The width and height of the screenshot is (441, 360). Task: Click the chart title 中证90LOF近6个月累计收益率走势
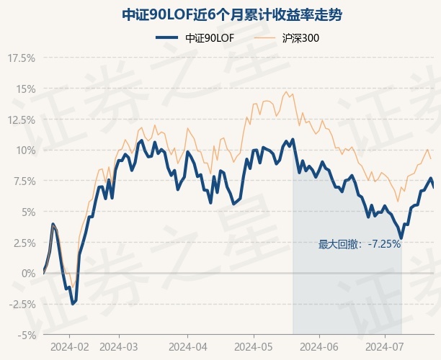pyautogui.click(x=220, y=14)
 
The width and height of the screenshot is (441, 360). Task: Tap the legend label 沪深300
pyautogui.click(x=300, y=37)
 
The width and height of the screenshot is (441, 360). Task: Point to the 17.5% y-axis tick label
pyautogui.click(x=21, y=58)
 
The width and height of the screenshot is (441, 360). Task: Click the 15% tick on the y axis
pyautogui.click(x=24, y=89)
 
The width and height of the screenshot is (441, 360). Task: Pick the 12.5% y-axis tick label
pyautogui.click(x=21, y=120)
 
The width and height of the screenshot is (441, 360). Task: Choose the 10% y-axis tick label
pyautogui.click(x=24, y=150)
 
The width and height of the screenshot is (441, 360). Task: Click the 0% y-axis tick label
pyautogui.click(x=27, y=274)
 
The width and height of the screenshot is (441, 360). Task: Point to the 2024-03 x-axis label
pyautogui.click(x=118, y=346)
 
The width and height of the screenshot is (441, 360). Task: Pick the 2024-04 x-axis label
pyautogui.click(x=187, y=346)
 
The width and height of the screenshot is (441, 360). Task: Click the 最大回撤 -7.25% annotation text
pyautogui.click(x=360, y=244)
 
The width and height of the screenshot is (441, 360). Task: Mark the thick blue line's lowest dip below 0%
pyautogui.click(x=73, y=303)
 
